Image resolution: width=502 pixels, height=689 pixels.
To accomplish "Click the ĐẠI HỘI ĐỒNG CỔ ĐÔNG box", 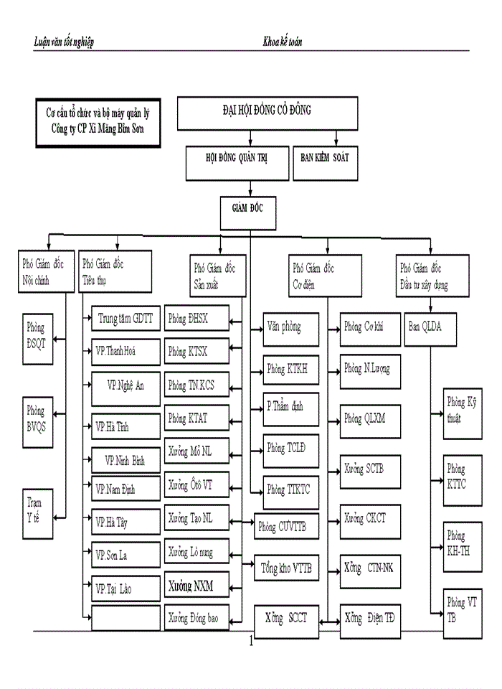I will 267,112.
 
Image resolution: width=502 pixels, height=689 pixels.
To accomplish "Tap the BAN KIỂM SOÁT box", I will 325,158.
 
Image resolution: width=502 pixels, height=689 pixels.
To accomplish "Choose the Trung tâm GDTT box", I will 126,317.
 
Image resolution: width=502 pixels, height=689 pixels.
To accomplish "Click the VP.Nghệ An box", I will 126,385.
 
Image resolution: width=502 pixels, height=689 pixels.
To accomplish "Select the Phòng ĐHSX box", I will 196,317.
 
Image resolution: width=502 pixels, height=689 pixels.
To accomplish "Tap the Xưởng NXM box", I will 196,586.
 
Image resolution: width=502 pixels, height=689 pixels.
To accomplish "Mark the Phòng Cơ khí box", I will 369,327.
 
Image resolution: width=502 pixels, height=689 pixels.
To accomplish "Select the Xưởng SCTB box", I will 369,469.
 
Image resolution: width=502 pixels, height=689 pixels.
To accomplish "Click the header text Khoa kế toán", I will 283,42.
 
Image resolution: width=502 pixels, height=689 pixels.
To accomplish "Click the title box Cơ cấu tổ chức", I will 98,121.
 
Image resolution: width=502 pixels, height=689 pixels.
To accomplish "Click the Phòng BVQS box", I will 37,417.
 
